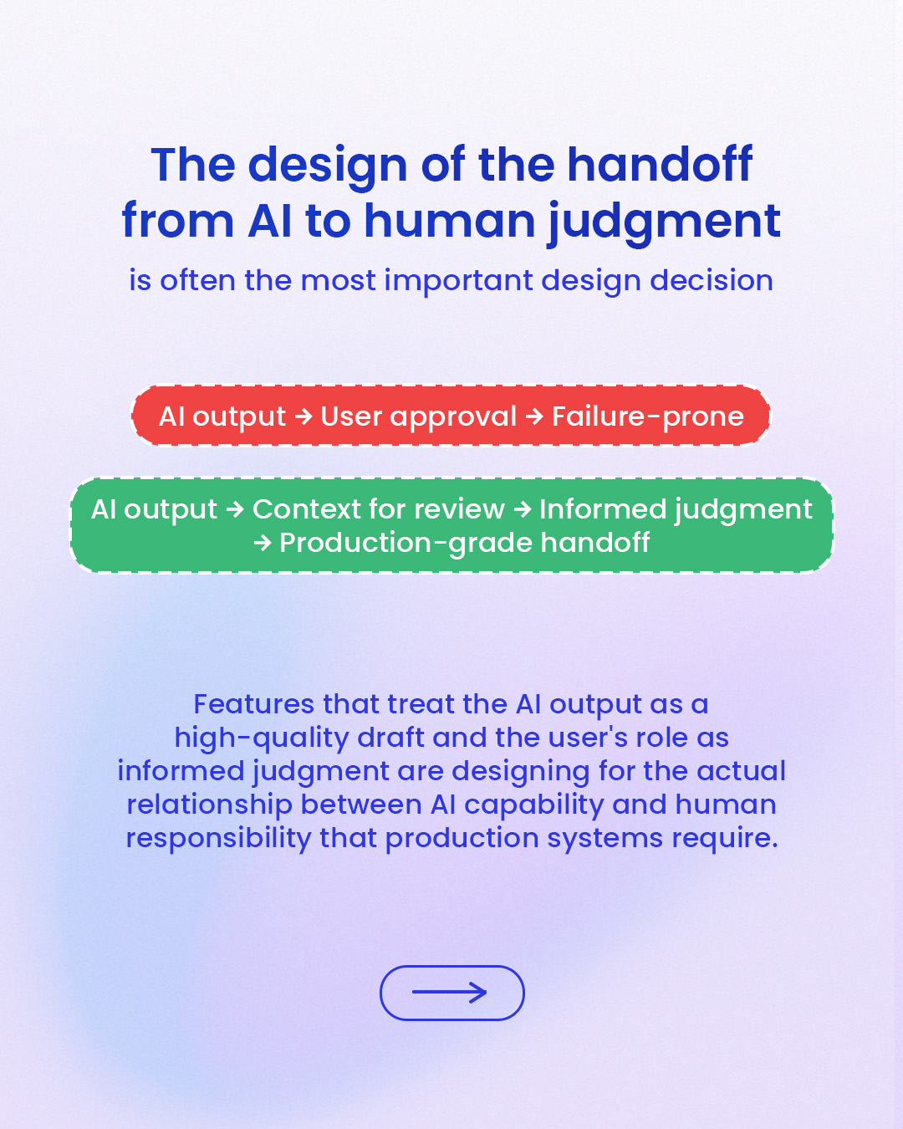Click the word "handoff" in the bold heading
click(660, 165)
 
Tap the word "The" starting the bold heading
click(193, 165)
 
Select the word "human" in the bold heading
click(450, 221)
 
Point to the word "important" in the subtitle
click(458, 282)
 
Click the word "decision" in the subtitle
click(712, 280)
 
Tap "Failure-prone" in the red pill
click(648, 417)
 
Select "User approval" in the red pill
click(419, 417)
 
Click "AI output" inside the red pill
click(222, 417)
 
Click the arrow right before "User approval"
click(304, 417)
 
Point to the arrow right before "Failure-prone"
click(534, 417)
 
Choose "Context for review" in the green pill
click(378, 509)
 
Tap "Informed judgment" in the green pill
click(676, 510)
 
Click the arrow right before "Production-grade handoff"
click(263, 543)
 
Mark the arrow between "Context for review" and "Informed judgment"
click(522, 509)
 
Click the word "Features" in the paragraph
click(254, 704)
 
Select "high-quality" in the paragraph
click(262, 738)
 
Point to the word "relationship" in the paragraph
click(209, 805)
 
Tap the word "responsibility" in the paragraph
click(219, 839)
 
